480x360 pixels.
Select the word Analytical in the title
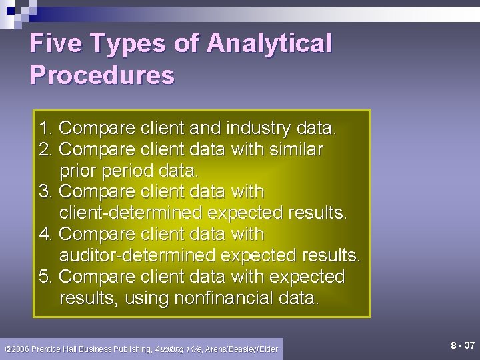(269, 43)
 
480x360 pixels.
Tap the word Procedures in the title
(102, 75)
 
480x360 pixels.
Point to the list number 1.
(45, 128)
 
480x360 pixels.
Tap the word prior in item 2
(78, 171)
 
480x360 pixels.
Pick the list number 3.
(45, 192)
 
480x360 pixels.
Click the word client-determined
(131, 213)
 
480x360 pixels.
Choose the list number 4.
(45, 235)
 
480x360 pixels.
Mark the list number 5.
(45, 277)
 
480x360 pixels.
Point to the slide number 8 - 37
(462, 345)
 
